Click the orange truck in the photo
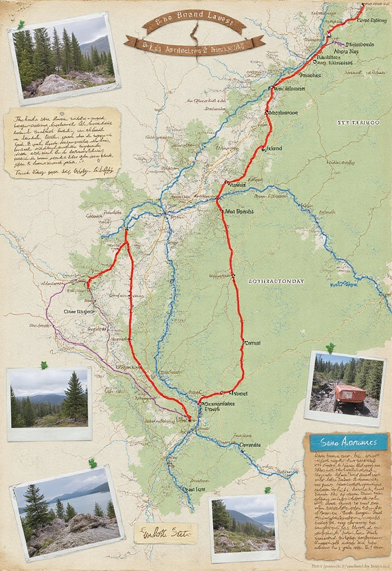(x=350, y=393)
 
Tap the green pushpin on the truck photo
(x=330, y=348)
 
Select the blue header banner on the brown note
(x=348, y=442)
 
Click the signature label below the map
(x=166, y=533)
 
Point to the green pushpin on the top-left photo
(x=21, y=25)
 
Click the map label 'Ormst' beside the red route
(x=253, y=343)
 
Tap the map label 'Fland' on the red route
(x=275, y=149)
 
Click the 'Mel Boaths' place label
(x=239, y=212)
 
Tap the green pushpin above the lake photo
(x=92, y=463)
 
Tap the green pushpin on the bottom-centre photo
(x=267, y=490)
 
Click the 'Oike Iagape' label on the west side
(x=79, y=312)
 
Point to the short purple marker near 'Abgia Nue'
(x=338, y=42)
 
